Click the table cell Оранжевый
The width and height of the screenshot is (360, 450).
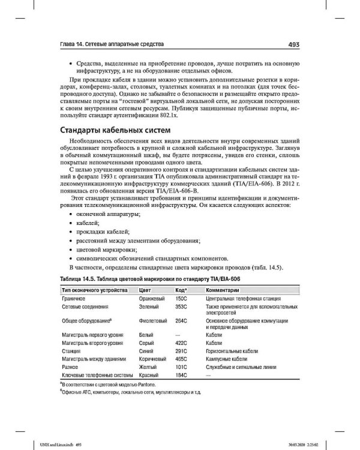click(x=151, y=298)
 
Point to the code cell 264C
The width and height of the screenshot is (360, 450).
click(x=181, y=321)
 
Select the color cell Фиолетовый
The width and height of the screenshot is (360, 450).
click(x=152, y=321)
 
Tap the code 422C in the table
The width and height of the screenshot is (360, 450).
click(x=181, y=344)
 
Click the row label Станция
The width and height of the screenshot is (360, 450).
click(x=71, y=352)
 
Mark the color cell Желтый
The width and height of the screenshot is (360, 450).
click(x=148, y=367)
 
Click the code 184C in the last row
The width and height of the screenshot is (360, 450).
click(x=181, y=375)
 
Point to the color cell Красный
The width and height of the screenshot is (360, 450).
click(x=149, y=375)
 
